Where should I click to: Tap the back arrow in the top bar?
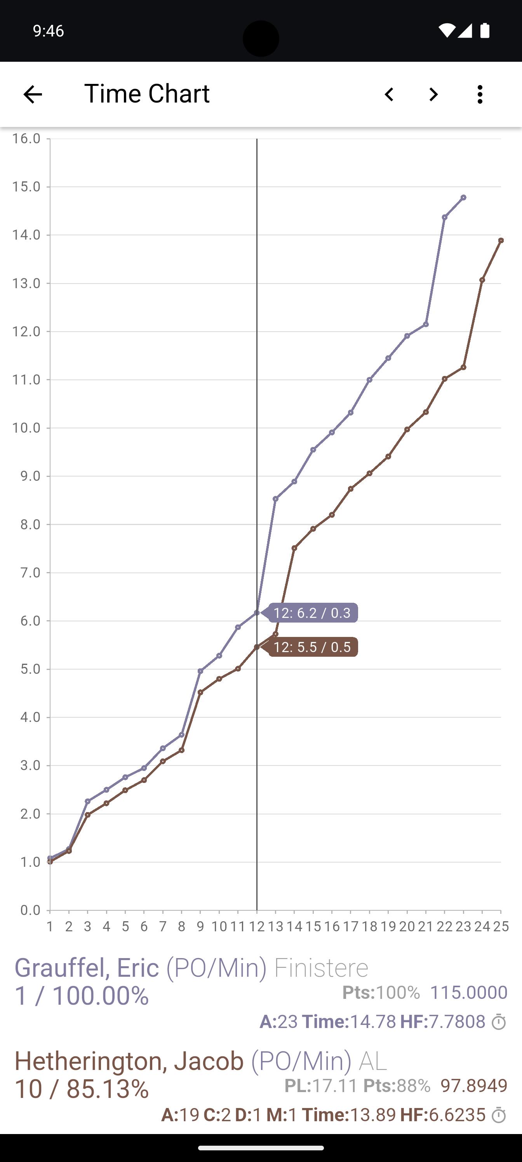[x=33, y=94]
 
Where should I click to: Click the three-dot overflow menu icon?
[x=480, y=94]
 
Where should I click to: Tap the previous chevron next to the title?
[x=389, y=94]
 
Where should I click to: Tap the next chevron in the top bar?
[x=433, y=94]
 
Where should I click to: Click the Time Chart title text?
[x=147, y=93]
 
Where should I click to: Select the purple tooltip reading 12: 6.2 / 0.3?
[x=312, y=612]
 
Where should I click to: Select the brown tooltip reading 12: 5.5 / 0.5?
[x=312, y=647]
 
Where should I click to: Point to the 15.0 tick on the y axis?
[x=26, y=186]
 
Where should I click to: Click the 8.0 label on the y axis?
[x=30, y=524]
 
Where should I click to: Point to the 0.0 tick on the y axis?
[x=30, y=910]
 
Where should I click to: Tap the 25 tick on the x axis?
[x=501, y=927]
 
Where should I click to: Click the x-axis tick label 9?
[x=200, y=927]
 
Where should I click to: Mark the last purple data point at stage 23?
[x=463, y=198]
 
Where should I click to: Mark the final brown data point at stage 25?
[x=501, y=240]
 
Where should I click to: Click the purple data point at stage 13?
[x=276, y=499]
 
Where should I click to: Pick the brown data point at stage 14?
[x=294, y=548]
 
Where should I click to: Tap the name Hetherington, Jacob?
[x=129, y=1061]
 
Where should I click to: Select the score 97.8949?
[x=474, y=1085]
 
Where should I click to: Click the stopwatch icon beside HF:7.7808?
[x=499, y=1022]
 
